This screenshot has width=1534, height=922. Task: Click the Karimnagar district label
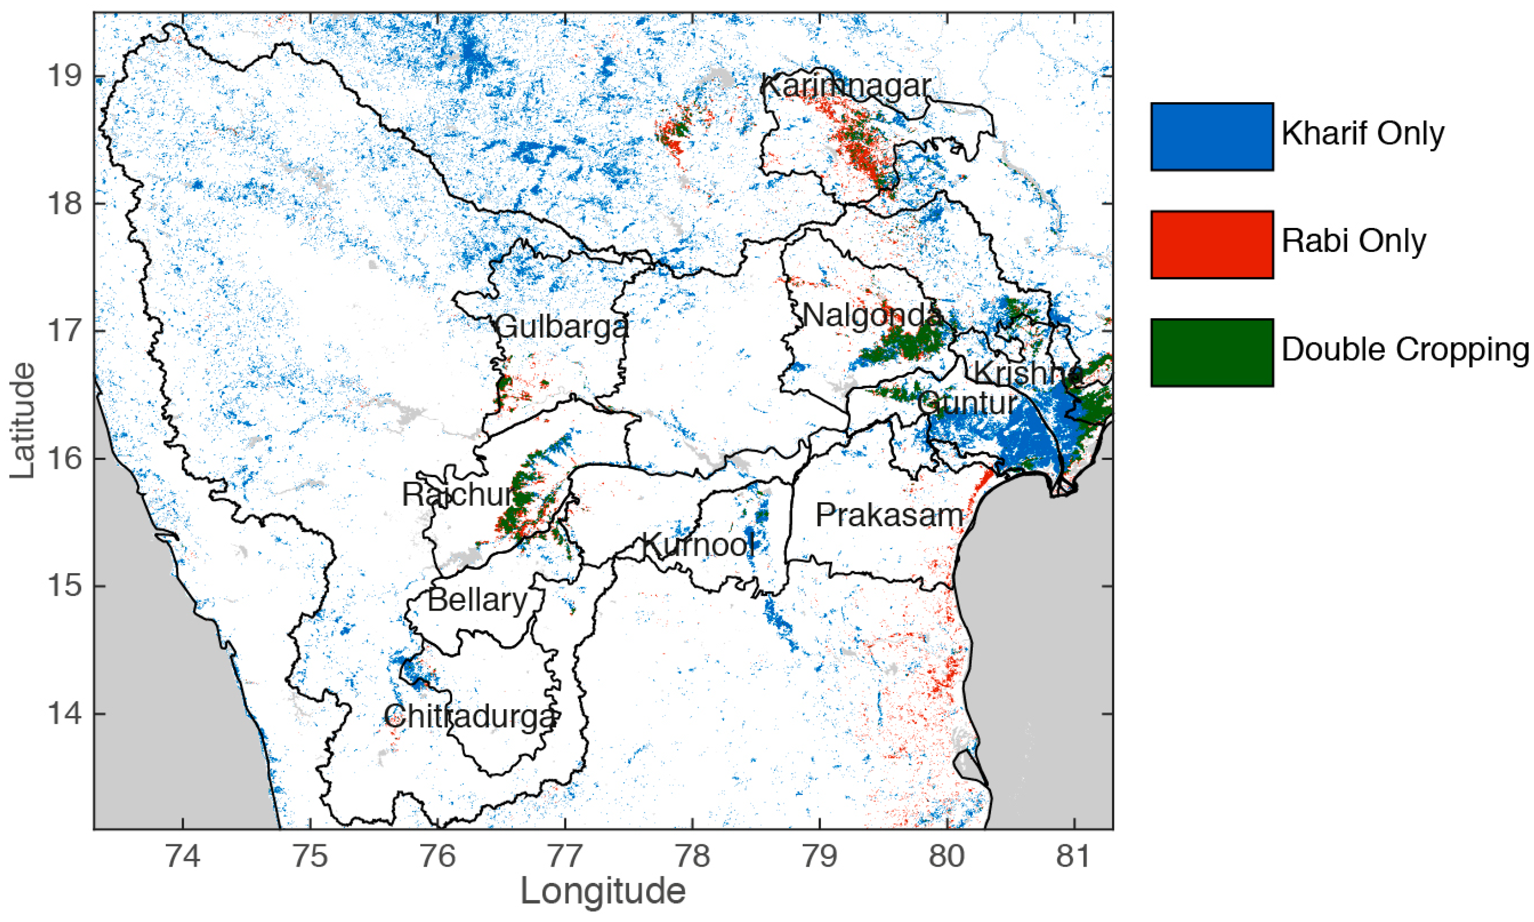(x=845, y=86)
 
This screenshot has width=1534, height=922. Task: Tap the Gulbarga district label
(x=562, y=326)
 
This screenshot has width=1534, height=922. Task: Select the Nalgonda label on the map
(x=871, y=315)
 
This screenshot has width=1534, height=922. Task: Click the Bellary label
(x=477, y=600)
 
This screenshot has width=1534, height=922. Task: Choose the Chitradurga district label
(x=469, y=717)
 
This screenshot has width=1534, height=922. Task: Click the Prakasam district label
(x=888, y=515)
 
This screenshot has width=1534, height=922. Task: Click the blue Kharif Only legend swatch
(x=1211, y=136)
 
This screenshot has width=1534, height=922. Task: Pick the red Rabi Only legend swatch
(x=1211, y=244)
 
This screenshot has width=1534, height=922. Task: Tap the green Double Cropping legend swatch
(x=1211, y=353)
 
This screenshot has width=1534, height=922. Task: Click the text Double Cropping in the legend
(x=1405, y=350)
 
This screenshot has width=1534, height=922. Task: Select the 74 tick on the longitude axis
(x=183, y=856)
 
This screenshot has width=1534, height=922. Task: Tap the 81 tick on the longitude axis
(x=1073, y=856)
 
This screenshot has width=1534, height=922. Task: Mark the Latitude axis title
(x=23, y=421)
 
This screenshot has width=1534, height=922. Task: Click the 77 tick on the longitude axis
(x=565, y=856)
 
